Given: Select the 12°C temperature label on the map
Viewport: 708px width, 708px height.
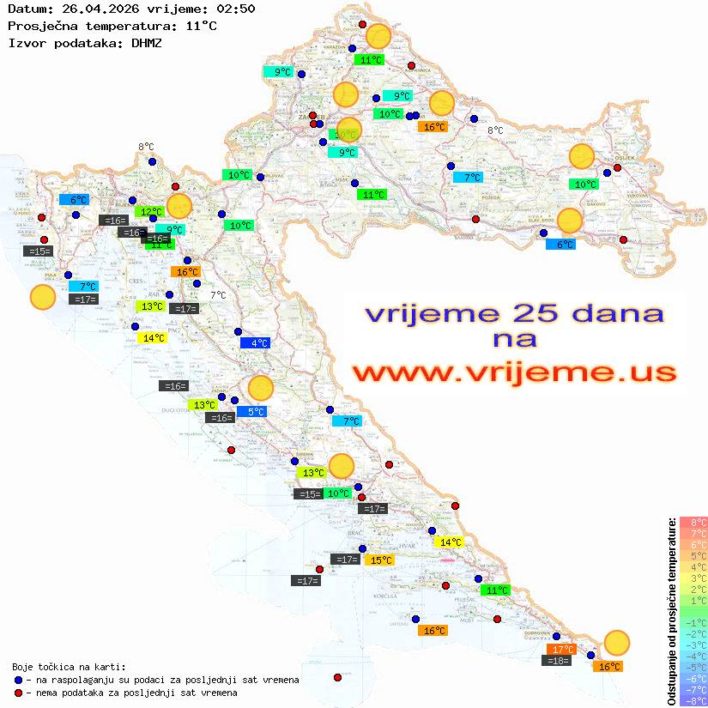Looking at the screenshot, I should (149, 211).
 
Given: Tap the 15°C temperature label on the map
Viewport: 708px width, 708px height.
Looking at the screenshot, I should (379, 560).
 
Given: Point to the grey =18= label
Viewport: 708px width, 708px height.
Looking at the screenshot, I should (557, 661).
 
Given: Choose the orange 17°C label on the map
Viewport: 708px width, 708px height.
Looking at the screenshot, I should (561, 650).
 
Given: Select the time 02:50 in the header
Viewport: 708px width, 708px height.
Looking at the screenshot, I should (234, 9).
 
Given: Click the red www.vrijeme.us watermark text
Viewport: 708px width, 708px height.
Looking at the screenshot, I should (514, 372).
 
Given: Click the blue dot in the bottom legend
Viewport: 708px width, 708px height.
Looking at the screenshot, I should (19, 680).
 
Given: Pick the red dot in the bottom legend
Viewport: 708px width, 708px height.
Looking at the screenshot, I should (19, 693).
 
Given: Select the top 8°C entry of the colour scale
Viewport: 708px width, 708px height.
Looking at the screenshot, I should (693, 523).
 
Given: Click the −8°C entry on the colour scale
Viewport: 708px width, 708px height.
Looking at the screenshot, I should (693, 700).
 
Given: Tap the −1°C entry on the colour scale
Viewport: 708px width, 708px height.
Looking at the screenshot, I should (693, 622).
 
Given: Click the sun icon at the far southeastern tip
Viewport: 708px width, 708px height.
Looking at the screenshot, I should (616, 642).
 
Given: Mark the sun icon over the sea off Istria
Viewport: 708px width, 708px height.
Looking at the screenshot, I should (42, 298).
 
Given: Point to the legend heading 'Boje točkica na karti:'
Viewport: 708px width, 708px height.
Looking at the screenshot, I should (69, 666).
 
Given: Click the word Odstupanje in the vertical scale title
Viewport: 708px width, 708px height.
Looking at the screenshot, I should (671, 673).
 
